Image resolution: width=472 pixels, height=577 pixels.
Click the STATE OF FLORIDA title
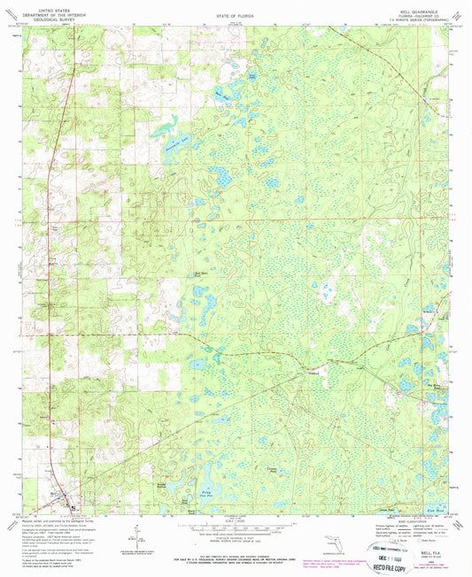[235, 16]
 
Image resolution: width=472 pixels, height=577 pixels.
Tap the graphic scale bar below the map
[235, 523]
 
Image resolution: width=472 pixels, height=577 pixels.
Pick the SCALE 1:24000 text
[235, 517]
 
